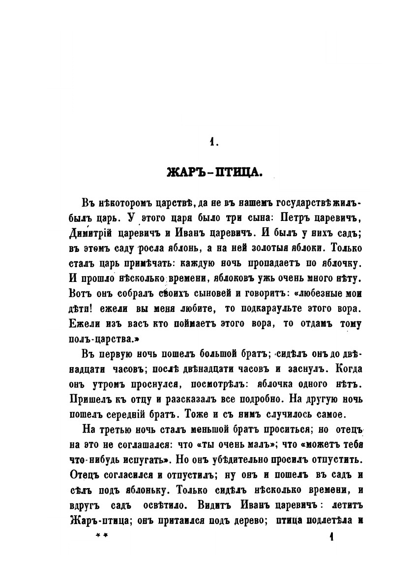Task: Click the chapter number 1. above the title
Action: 213,142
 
